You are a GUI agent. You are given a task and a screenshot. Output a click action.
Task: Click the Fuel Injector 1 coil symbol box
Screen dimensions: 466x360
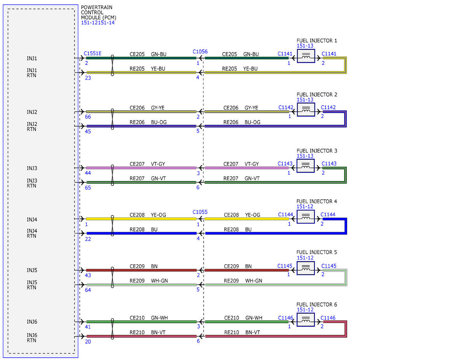click(306, 56)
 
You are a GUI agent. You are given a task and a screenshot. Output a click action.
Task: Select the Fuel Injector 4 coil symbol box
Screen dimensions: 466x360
click(306, 217)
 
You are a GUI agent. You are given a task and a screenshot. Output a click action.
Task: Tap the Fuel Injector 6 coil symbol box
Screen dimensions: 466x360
click(306, 320)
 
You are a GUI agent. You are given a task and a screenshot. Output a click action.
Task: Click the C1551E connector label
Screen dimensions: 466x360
click(92, 53)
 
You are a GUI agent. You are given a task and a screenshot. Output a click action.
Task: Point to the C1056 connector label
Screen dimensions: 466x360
click(200, 52)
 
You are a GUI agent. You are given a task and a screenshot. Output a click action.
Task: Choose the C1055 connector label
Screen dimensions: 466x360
click(200, 212)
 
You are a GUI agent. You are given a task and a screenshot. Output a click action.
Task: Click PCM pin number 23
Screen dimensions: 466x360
click(88, 78)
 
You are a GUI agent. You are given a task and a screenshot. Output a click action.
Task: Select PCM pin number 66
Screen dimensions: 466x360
click(88, 117)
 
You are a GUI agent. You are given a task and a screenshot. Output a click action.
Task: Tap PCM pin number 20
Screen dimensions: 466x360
click(88, 342)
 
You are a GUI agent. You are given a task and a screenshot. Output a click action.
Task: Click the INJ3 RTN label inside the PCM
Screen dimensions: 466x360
click(32, 183)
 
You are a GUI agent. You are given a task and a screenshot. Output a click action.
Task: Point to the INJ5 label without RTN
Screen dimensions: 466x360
click(32, 270)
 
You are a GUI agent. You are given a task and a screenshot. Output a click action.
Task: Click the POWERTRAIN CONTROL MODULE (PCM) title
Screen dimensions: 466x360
click(98, 12)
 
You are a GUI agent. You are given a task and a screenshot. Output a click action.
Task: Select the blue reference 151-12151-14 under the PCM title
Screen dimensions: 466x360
click(98, 23)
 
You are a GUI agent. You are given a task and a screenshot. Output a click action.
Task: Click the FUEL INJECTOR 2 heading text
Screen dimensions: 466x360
click(317, 94)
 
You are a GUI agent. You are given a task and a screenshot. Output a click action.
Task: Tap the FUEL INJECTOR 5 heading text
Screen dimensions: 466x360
click(317, 252)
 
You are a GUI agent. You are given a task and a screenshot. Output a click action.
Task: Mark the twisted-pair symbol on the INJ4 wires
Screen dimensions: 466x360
click(112, 226)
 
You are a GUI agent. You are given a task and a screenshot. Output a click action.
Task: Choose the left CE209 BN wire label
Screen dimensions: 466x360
click(143, 266)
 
